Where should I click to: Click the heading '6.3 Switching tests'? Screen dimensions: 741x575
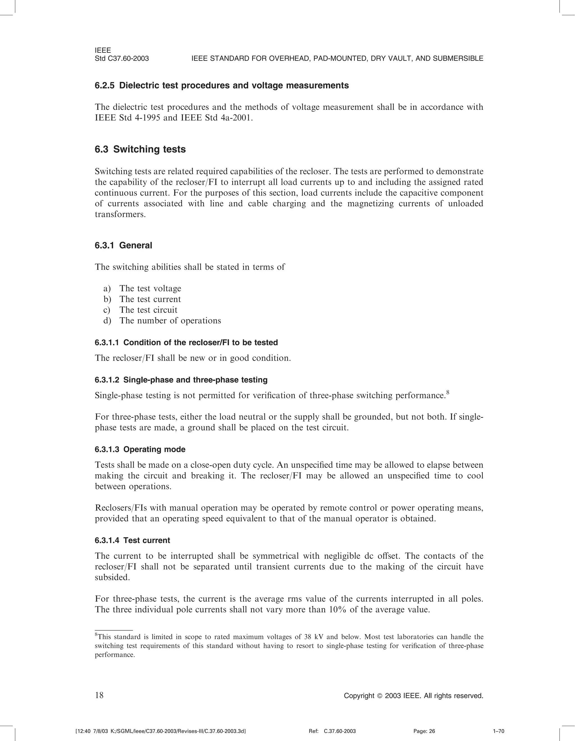140,149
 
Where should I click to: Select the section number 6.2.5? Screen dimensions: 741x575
105,85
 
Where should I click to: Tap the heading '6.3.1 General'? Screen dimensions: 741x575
124,245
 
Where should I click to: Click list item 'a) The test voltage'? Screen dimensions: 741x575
142,288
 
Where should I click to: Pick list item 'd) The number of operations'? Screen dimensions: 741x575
162,321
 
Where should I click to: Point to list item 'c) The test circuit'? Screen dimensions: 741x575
140,310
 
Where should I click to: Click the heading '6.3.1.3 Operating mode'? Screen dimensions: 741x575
140,449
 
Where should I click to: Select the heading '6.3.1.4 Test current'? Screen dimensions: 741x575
132,540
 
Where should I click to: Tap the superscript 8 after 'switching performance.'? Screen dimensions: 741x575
448,393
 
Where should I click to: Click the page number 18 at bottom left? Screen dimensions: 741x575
99,695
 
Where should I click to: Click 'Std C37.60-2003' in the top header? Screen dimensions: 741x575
122,58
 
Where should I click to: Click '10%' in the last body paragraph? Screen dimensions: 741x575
337,610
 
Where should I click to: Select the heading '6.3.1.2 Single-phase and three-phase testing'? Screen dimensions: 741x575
181,380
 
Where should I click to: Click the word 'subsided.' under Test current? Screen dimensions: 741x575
112,578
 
